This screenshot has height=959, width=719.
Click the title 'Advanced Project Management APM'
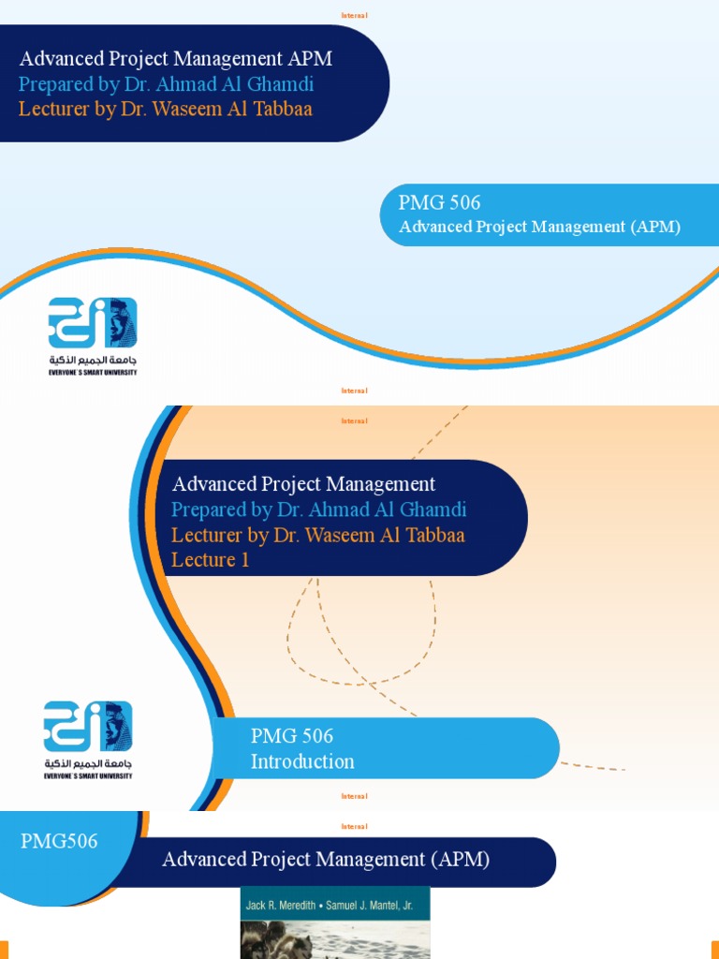point(175,59)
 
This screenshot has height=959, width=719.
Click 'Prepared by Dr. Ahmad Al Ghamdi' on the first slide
point(166,84)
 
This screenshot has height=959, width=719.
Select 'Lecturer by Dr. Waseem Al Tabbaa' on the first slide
point(165,109)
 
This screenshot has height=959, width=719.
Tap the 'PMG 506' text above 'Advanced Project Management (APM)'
point(439,202)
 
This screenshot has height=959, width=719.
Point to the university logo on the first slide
point(93,323)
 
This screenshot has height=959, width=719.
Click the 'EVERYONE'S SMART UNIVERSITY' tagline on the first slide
point(93,372)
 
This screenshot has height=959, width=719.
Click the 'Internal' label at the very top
point(354,15)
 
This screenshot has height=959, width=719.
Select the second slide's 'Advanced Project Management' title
point(303,484)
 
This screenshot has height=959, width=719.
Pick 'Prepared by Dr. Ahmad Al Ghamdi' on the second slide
point(318,509)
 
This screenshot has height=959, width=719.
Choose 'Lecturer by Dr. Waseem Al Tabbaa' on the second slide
point(317,535)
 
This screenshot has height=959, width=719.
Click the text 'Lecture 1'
point(210,560)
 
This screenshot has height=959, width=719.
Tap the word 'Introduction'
point(301,761)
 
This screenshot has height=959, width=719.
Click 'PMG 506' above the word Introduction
point(291,736)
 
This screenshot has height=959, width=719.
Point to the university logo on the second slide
point(88,727)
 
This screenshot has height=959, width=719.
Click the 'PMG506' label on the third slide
point(59,841)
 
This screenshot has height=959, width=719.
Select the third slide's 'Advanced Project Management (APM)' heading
point(326,860)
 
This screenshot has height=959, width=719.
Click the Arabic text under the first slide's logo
point(93,360)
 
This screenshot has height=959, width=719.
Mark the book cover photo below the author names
point(335,938)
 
